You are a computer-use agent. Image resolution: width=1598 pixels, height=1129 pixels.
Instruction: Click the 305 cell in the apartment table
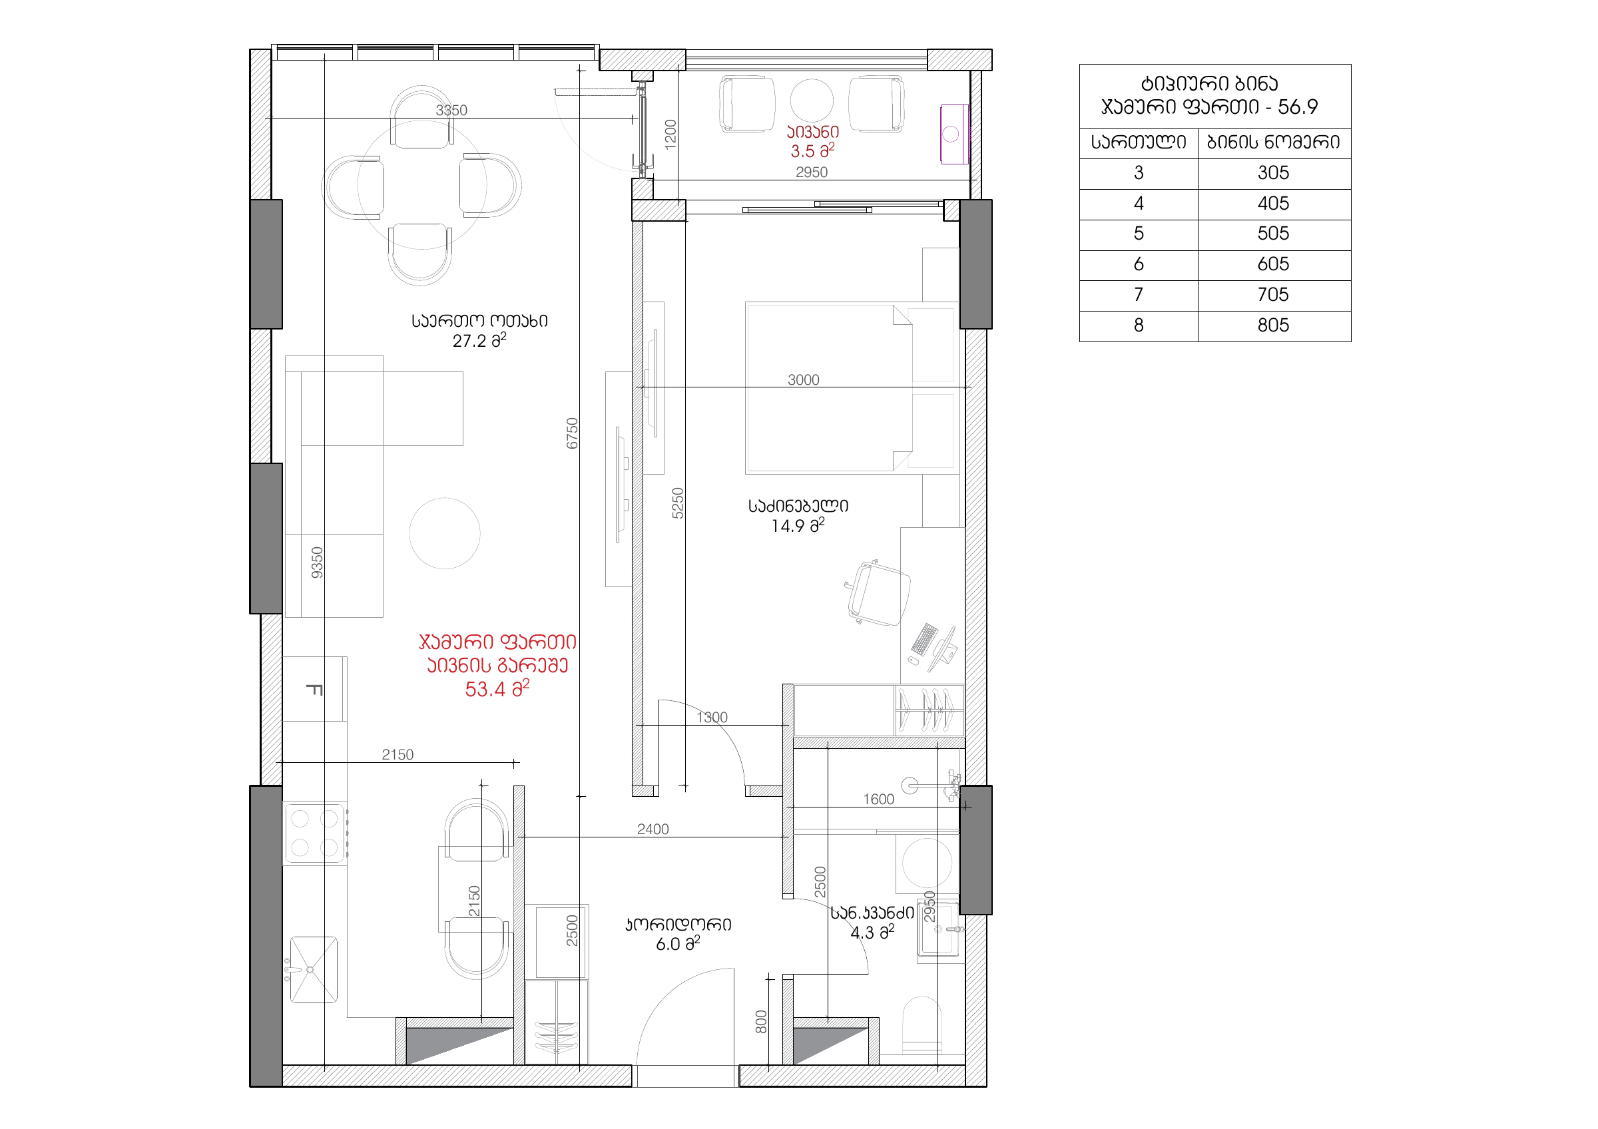pos(1273,173)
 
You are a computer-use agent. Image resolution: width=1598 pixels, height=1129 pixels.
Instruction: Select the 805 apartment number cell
pos(1273,326)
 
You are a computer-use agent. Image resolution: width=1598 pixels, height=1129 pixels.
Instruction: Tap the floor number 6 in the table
pos(1139,264)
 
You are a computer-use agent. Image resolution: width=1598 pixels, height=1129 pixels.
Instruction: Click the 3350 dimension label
pos(451,111)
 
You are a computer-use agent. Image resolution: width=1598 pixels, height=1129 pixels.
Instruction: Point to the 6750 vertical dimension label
pos(572,433)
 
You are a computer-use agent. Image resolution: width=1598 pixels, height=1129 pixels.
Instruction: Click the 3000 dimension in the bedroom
pos(803,380)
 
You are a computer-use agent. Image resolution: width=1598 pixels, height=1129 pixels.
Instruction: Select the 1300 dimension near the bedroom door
pos(712,717)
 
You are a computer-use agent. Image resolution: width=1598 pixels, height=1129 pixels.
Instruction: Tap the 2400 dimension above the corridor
pos(653,829)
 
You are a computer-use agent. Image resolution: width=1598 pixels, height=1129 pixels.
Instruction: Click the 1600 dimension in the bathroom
pos(878,800)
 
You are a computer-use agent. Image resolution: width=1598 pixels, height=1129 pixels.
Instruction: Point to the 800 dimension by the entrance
pos(762,1022)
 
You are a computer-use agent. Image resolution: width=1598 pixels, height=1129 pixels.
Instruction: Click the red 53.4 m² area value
pos(497,689)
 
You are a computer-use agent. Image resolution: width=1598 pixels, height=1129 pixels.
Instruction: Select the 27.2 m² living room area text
pos(479,340)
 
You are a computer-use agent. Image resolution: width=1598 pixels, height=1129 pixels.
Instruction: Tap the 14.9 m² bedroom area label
pos(798,525)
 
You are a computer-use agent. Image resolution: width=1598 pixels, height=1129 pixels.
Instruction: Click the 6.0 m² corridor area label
pos(677,943)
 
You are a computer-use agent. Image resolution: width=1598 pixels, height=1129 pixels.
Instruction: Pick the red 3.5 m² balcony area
pos(812,150)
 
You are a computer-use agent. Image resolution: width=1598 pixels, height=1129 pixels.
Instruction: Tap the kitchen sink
pos(313,970)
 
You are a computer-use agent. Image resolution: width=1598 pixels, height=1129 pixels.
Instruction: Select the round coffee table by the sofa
pos(445,533)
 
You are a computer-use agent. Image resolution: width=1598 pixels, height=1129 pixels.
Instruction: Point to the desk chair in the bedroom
pos(878,593)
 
